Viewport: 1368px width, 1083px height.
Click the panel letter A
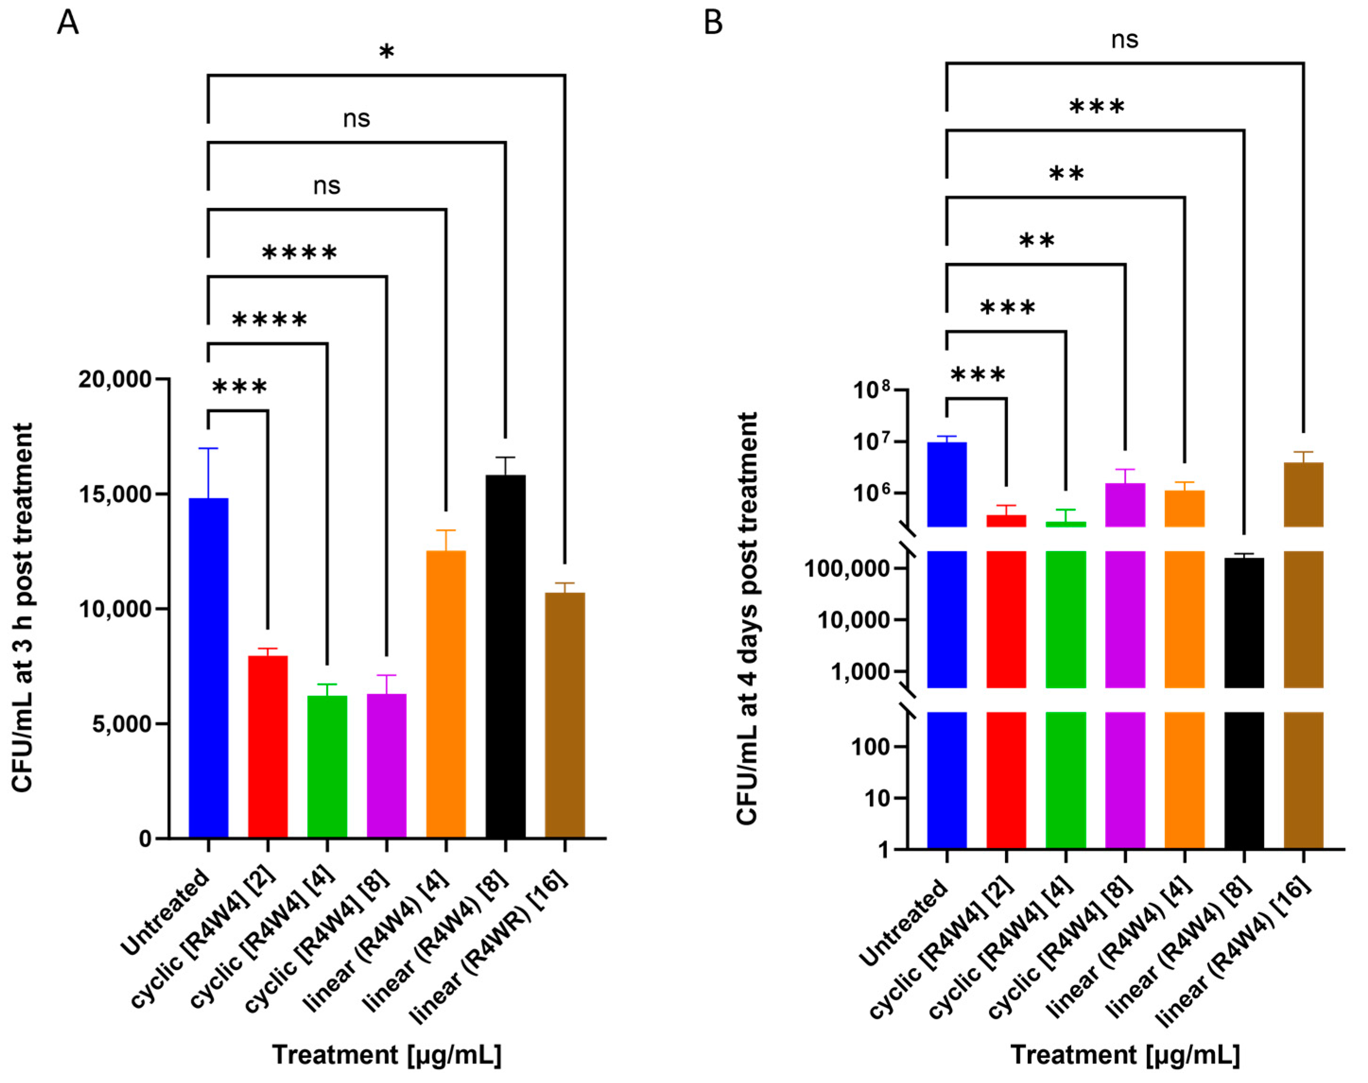point(68,24)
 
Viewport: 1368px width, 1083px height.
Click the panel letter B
point(714,24)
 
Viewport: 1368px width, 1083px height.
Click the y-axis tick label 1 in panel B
point(884,850)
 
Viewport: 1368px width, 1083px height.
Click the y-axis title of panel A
point(23,608)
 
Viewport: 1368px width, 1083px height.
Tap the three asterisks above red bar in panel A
point(239,387)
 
